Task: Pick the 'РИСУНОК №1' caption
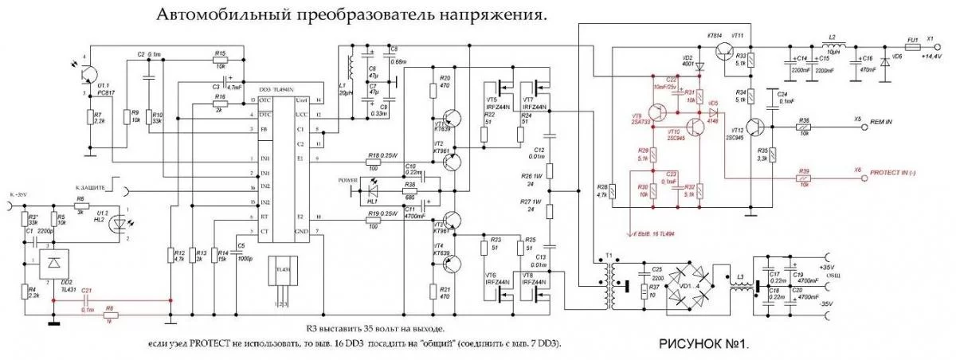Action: (705, 345)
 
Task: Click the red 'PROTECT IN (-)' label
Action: (896, 171)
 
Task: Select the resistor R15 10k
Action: (220, 60)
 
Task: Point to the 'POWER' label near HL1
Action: (348, 179)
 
